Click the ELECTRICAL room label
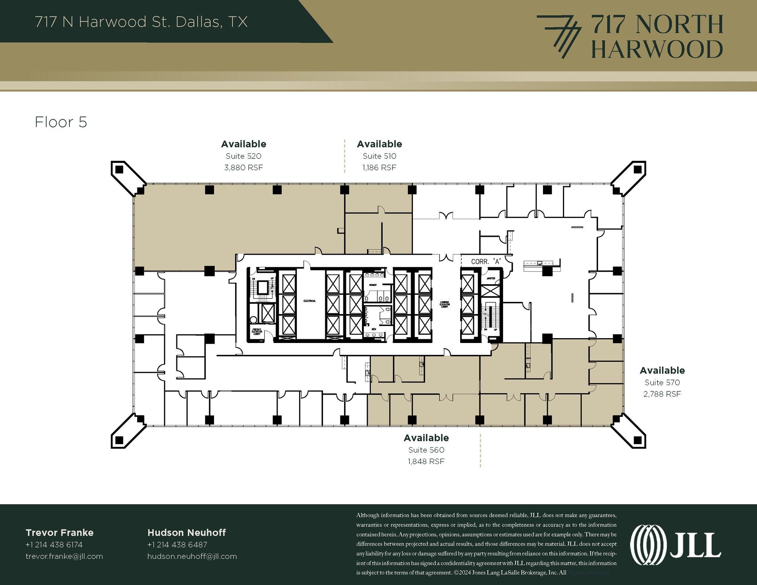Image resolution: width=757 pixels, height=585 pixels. (309, 301)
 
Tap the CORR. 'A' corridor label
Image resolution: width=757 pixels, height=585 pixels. (486, 262)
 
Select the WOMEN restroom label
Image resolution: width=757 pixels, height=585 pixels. (373, 285)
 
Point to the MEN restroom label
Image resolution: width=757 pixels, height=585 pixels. (374, 329)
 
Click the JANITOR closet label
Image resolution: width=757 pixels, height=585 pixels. (491, 278)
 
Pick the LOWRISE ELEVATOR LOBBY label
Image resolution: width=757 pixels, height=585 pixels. (445, 304)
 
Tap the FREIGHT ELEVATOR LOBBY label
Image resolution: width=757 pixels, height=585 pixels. (257, 331)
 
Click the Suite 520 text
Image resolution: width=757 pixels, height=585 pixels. (243, 156)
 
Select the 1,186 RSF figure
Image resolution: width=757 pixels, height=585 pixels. (379, 168)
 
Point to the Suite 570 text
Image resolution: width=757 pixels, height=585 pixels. (662, 382)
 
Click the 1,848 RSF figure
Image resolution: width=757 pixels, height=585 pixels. (426, 462)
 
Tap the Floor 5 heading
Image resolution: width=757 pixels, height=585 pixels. (61, 122)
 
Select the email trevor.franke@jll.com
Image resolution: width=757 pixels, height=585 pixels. (64, 556)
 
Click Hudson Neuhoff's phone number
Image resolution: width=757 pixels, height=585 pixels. (177, 545)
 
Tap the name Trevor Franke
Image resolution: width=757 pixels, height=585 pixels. (60, 533)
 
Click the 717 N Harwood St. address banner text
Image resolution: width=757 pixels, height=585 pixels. (141, 22)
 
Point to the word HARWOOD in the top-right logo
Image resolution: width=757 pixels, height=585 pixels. (657, 50)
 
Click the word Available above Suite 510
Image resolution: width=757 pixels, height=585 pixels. (379, 144)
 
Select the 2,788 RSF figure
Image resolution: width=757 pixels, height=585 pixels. (662, 394)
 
